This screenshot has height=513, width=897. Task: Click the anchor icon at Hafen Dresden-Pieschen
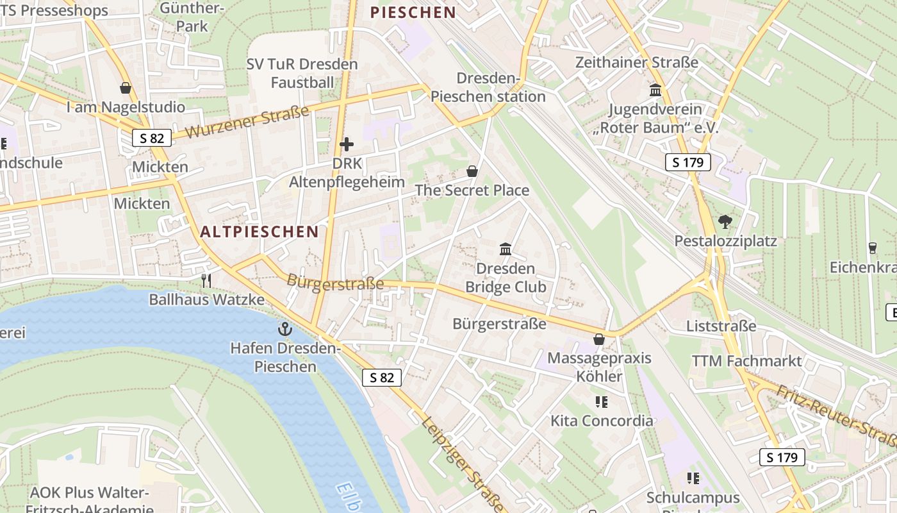[x=284, y=330]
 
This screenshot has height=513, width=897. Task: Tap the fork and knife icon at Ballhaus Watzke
[x=206, y=281]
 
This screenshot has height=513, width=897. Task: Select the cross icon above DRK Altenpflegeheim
[x=347, y=144]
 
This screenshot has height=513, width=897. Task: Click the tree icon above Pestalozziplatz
[x=725, y=223]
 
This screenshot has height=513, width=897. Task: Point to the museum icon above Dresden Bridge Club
[x=506, y=249]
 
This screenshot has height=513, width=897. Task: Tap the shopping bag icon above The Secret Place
[x=472, y=171]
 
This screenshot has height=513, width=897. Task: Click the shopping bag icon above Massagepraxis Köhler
[x=599, y=339]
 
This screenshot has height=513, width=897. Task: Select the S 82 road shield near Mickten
[x=152, y=137]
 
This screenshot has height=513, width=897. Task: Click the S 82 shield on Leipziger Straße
[x=382, y=378]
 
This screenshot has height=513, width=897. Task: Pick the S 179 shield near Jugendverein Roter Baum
[x=688, y=162]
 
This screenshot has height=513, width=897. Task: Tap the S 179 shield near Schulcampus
[x=782, y=457]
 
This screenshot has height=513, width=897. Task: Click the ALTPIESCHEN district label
[x=259, y=231]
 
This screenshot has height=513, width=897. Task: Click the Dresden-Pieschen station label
[x=488, y=88]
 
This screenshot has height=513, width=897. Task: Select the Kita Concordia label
[x=602, y=421]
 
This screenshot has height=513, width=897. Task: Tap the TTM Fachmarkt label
[x=746, y=361]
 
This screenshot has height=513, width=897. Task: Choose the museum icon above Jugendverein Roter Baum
[x=655, y=90]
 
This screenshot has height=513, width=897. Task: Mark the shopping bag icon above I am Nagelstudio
[x=126, y=88]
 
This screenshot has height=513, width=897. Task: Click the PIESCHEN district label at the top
[x=413, y=12]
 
